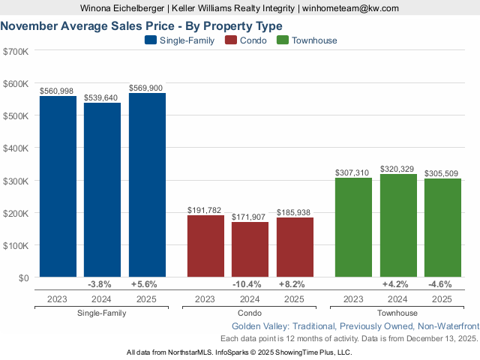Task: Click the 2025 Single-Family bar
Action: click(147, 185)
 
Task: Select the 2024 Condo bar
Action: click(250, 250)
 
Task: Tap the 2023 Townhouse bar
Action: click(353, 227)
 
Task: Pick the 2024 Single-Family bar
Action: click(102, 190)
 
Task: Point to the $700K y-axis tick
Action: click(16, 51)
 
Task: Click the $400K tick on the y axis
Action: click(16, 148)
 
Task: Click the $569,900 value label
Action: click(147, 88)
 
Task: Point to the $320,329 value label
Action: click(398, 169)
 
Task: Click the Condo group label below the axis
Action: click(250, 313)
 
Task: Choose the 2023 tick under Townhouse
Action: click(353, 298)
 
